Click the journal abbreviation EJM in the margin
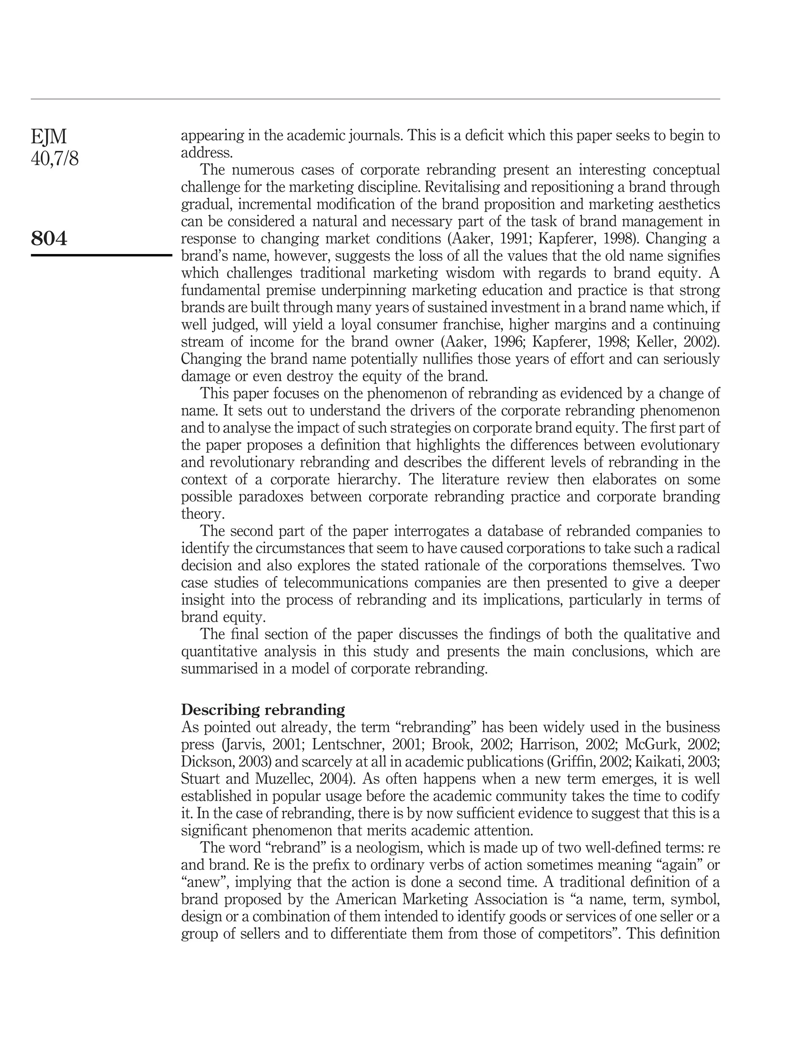(49, 137)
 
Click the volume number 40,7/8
(55, 159)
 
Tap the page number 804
(49, 238)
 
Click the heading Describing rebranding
(263, 710)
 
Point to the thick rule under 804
(101, 255)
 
